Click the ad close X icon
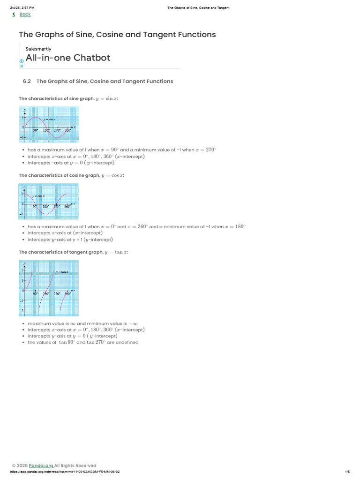pyautogui.click(x=22, y=66)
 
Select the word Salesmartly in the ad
pyautogui.click(x=38, y=49)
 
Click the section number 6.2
pyautogui.click(x=27, y=81)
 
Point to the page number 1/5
pyautogui.click(x=347, y=472)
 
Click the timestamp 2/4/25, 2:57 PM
pyautogui.click(x=22, y=8)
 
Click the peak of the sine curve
pyautogui.click(x=36, y=117)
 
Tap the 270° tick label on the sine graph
pyautogui.click(x=57, y=130)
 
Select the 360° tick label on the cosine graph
pyautogui.click(x=67, y=207)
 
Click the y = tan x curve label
pyautogui.click(x=62, y=272)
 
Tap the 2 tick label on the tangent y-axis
pyautogui.click(x=22, y=271)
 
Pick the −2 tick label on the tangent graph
pyautogui.click(x=22, y=311)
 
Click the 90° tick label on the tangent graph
pyautogui.click(x=36, y=294)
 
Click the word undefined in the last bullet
pyautogui.click(x=128, y=342)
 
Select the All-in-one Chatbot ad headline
pyautogui.click(x=68, y=58)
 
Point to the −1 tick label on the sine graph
pyautogui.click(x=22, y=137)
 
